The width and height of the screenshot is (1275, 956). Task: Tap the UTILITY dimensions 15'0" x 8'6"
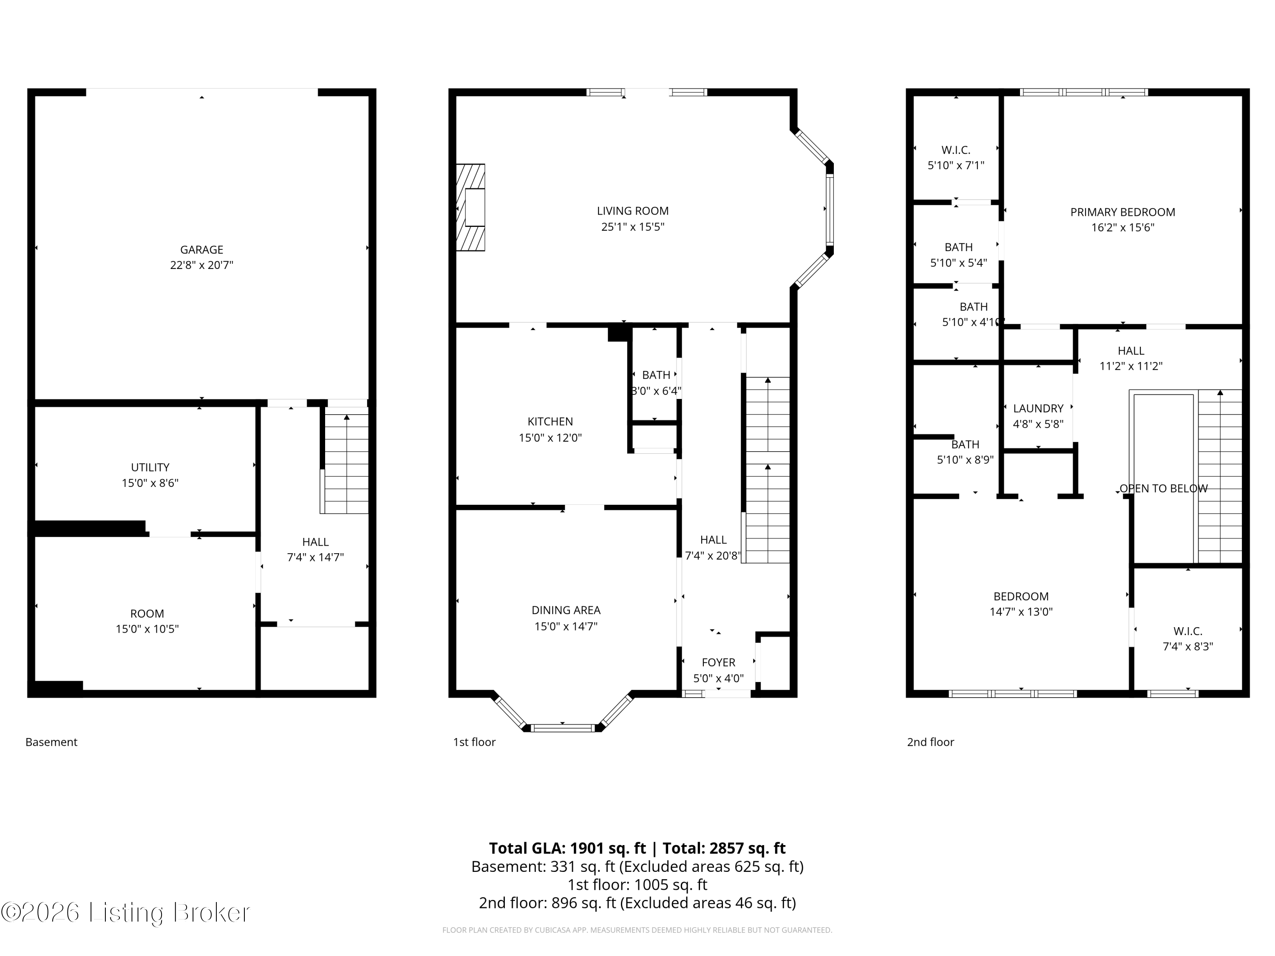tap(150, 483)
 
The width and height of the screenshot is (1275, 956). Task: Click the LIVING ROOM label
tap(632, 211)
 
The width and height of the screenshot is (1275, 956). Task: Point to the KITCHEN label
tap(550, 421)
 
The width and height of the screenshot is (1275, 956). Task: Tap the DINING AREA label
tap(565, 610)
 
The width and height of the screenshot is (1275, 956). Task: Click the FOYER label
tap(718, 662)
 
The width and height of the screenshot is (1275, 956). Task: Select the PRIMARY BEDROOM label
tap(1122, 212)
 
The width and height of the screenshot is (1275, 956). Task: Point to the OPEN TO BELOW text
tap(1163, 489)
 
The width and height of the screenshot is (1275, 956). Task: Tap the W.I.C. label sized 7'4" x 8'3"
tap(1187, 631)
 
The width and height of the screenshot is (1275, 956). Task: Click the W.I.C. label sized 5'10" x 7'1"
tap(956, 150)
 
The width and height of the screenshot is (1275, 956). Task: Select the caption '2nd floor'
tap(930, 742)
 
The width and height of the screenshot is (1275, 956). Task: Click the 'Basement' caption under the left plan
tap(51, 742)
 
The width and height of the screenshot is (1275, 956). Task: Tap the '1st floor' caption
tap(474, 742)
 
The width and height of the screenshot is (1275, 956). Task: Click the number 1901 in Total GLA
tap(587, 848)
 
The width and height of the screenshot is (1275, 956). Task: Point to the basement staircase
tap(346, 461)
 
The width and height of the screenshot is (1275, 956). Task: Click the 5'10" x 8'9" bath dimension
tap(965, 460)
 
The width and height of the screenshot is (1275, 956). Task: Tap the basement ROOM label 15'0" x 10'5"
tap(147, 614)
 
